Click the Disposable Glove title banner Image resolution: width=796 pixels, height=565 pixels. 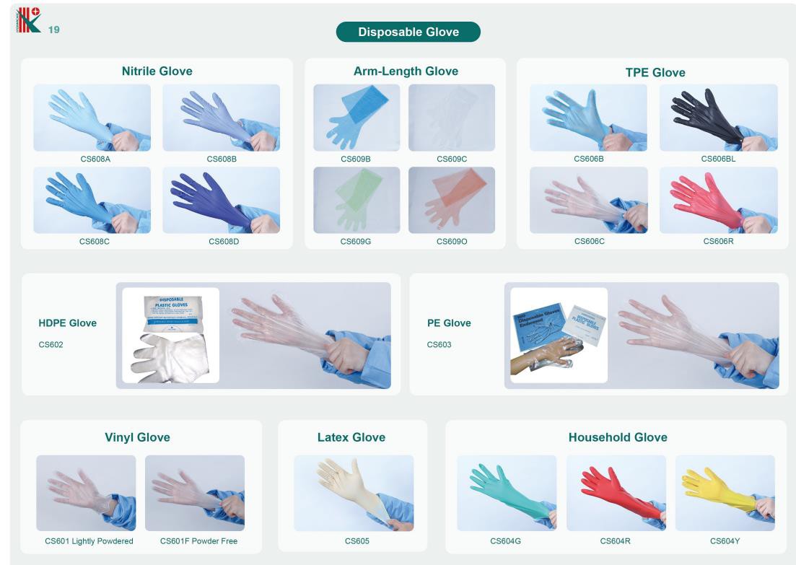point(408,32)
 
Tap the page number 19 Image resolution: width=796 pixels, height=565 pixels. point(53,30)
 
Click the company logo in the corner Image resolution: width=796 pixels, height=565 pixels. point(28,19)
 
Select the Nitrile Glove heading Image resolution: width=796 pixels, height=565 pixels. point(157,71)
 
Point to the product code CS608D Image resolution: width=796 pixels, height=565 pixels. point(223,241)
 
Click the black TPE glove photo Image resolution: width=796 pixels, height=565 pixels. point(718,117)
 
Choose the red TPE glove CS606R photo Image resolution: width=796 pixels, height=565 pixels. point(718,200)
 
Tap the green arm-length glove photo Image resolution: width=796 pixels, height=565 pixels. point(356,200)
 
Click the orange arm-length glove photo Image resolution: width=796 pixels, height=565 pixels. point(452,200)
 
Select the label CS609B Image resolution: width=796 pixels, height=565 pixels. point(356,159)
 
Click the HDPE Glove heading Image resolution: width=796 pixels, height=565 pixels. point(67,323)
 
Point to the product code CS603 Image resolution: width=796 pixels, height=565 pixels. point(439,344)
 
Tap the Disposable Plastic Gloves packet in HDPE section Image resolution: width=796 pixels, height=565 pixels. point(170,312)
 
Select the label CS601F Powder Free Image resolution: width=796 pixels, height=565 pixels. point(198,540)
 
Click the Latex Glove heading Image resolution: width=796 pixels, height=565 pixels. point(351,437)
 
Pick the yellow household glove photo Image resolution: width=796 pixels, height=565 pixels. point(725,493)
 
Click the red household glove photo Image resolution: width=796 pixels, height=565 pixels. point(616,493)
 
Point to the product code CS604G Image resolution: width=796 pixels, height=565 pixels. point(505,540)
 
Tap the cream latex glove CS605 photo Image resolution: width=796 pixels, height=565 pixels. point(354,493)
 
